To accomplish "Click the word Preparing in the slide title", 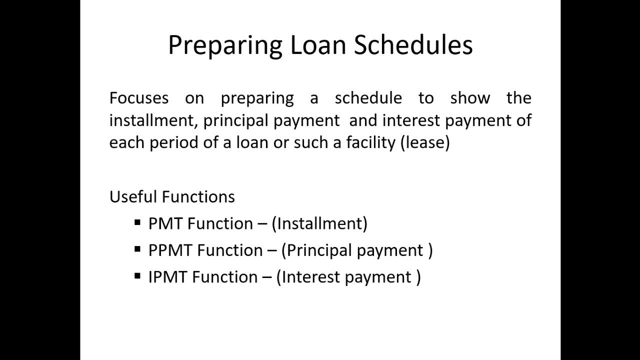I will click(x=224, y=45).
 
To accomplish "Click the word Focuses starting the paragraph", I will click(x=139, y=97).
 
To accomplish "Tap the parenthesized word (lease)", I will click(x=425, y=142).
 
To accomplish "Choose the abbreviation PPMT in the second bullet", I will click(x=170, y=250).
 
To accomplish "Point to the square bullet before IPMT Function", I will click(x=137, y=275).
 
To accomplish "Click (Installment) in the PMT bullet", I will click(x=319, y=223).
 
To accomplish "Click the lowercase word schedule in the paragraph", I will click(x=368, y=97).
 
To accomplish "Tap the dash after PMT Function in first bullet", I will click(x=262, y=224).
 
